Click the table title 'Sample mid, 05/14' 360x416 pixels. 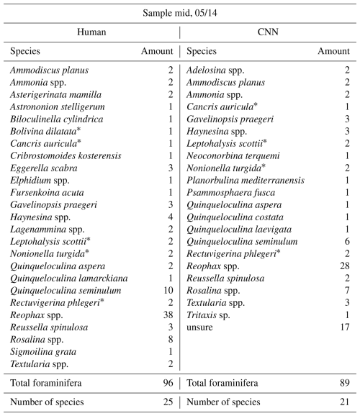click(x=180, y=13)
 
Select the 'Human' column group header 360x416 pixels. click(x=91, y=32)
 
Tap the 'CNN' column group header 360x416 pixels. click(x=268, y=32)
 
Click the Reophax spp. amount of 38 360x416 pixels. click(x=168, y=315)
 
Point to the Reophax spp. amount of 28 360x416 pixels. click(x=345, y=266)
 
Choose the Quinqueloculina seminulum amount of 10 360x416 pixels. click(x=168, y=291)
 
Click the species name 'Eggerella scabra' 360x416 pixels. click(x=44, y=168)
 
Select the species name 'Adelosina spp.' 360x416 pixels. click(x=215, y=71)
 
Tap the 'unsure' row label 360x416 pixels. click(x=199, y=327)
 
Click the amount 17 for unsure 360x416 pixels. click(x=345, y=327)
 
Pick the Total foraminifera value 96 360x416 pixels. click(x=168, y=383)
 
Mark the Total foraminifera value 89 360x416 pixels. click(x=345, y=383)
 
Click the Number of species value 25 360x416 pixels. click(x=168, y=402)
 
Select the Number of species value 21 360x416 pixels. click(x=345, y=402)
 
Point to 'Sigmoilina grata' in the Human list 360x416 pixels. click(x=43, y=352)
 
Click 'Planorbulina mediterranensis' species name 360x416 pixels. click(x=246, y=181)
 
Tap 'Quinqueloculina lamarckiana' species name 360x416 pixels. click(x=69, y=279)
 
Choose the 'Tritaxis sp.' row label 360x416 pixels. click(x=208, y=315)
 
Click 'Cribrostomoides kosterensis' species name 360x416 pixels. click(x=66, y=155)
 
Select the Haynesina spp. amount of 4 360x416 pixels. click(x=171, y=217)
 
